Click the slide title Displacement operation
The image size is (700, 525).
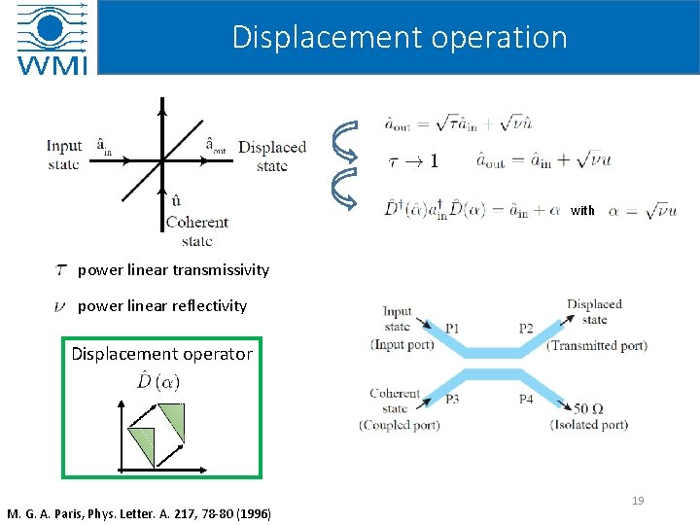click(x=400, y=37)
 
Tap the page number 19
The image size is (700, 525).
click(x=638, y=501)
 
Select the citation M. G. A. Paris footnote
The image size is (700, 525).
click(x=139, y=513)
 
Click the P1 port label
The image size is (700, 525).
click(x=452, y=329)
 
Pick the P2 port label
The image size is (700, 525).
click(x=526, y=329)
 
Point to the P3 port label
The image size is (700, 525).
click(x=452, y=400)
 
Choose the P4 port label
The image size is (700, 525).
click(x=526, y=400)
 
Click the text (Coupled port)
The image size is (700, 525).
click(x=399, y=425)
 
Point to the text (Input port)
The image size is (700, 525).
click(x=402, y=345)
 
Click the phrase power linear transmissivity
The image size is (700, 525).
click(x=173, y=269)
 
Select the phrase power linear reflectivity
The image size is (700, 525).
click(x=162, y=305)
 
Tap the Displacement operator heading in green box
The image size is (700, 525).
click(x=161, y=354)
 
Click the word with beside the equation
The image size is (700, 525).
click(x=582, y=210)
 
